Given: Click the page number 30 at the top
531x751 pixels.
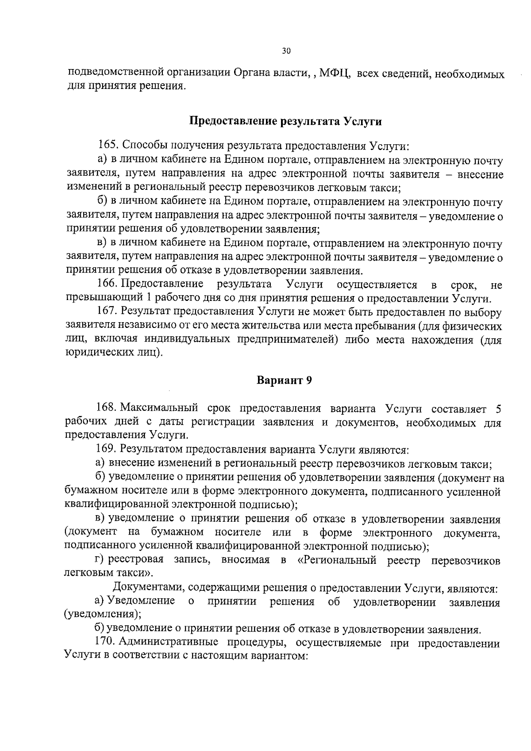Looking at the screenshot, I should (286, 51).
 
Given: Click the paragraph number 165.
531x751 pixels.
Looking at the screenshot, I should (108, 146).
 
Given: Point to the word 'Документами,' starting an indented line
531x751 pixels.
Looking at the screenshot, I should (148, 588).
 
